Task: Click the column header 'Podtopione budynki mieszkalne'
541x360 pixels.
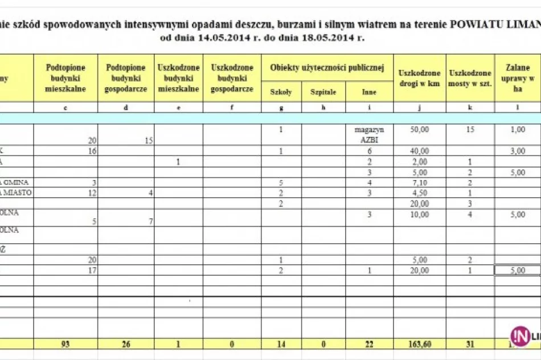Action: click(65, 78)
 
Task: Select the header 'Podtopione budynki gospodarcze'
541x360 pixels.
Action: click(126, 78)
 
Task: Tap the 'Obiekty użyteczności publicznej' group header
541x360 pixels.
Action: click(327, 68)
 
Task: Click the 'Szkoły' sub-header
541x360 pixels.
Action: click(281, 92)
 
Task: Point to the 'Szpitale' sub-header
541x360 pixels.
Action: click(323, 92)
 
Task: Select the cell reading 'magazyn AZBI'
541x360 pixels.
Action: click(368, 134)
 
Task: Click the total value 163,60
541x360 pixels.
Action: click(419, 343)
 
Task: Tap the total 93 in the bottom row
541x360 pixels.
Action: click(65, 343)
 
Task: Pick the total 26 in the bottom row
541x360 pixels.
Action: click(126, 343)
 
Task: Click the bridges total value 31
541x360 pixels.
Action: click(470, 343)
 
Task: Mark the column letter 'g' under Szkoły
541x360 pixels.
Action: click(281, 107)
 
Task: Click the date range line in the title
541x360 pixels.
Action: click(262, 38)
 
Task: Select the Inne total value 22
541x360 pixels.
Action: click(368, 343)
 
